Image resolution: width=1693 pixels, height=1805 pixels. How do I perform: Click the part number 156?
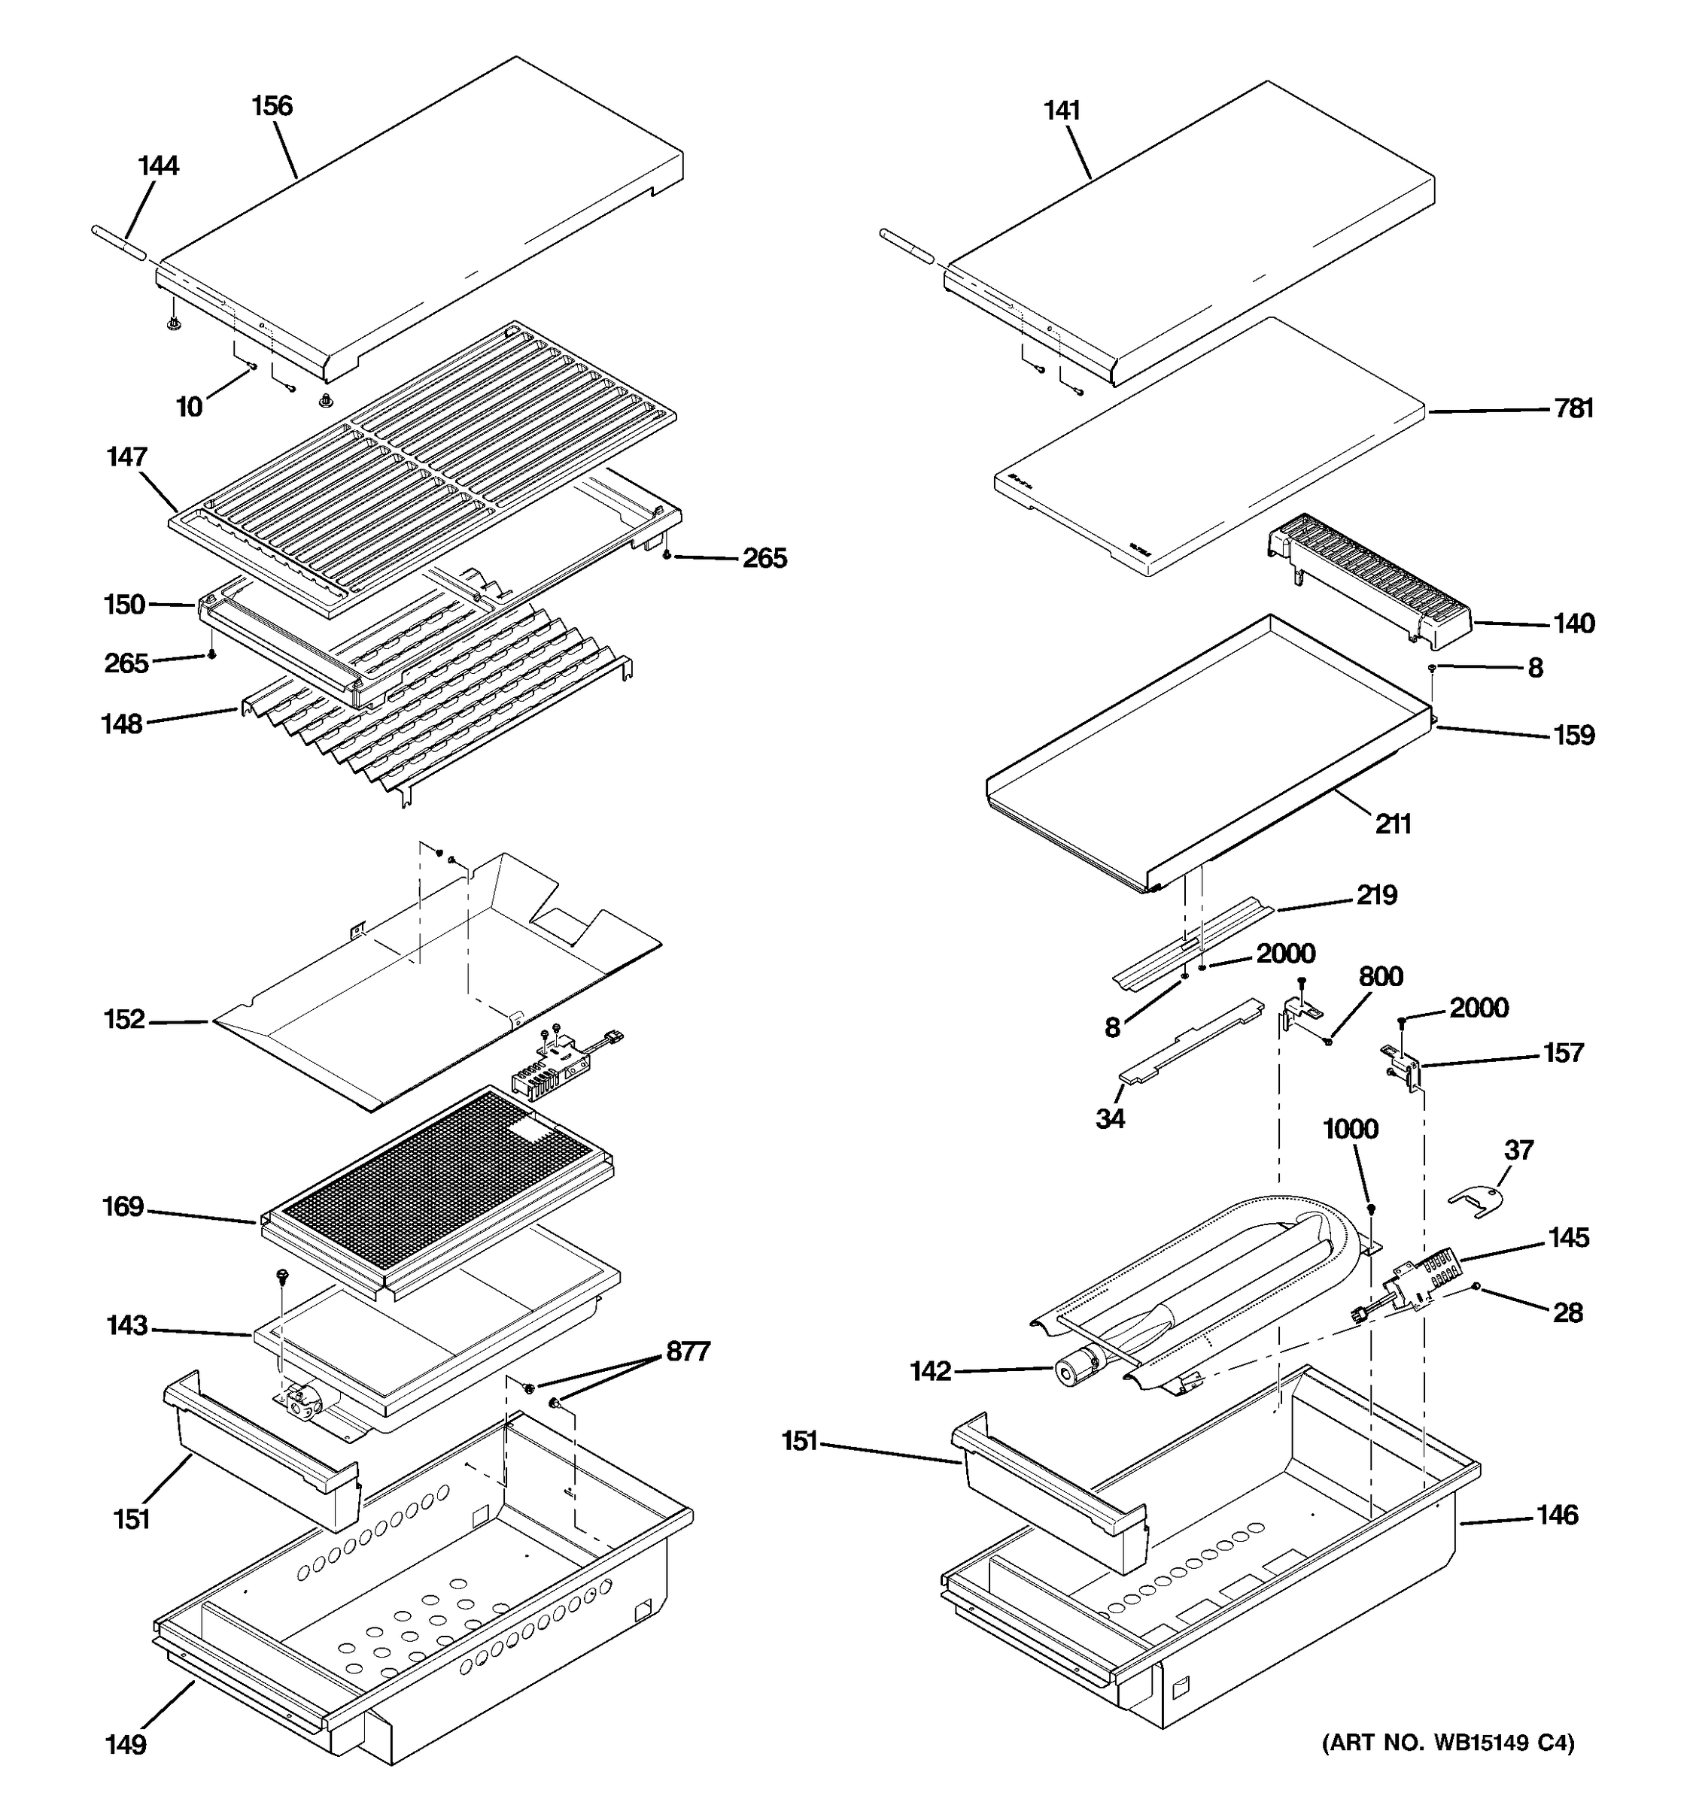(272, 106)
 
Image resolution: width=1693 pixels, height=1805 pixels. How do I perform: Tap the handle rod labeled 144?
(119, 245)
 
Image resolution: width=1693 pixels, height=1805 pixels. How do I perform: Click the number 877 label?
(688, 1352)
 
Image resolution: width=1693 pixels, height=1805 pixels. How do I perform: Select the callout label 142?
(929, 1371)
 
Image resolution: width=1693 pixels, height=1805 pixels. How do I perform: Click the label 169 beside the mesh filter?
(123, 1206)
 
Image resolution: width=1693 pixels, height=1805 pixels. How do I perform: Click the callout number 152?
(124, 1020)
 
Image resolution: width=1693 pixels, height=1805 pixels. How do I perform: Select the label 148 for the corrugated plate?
(122, 724)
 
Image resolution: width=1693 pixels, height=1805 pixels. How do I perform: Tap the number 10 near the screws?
(189, 407)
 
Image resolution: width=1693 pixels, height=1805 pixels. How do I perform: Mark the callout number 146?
(1557, 1515)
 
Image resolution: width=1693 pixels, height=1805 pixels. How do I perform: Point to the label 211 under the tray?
(1392, 824)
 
